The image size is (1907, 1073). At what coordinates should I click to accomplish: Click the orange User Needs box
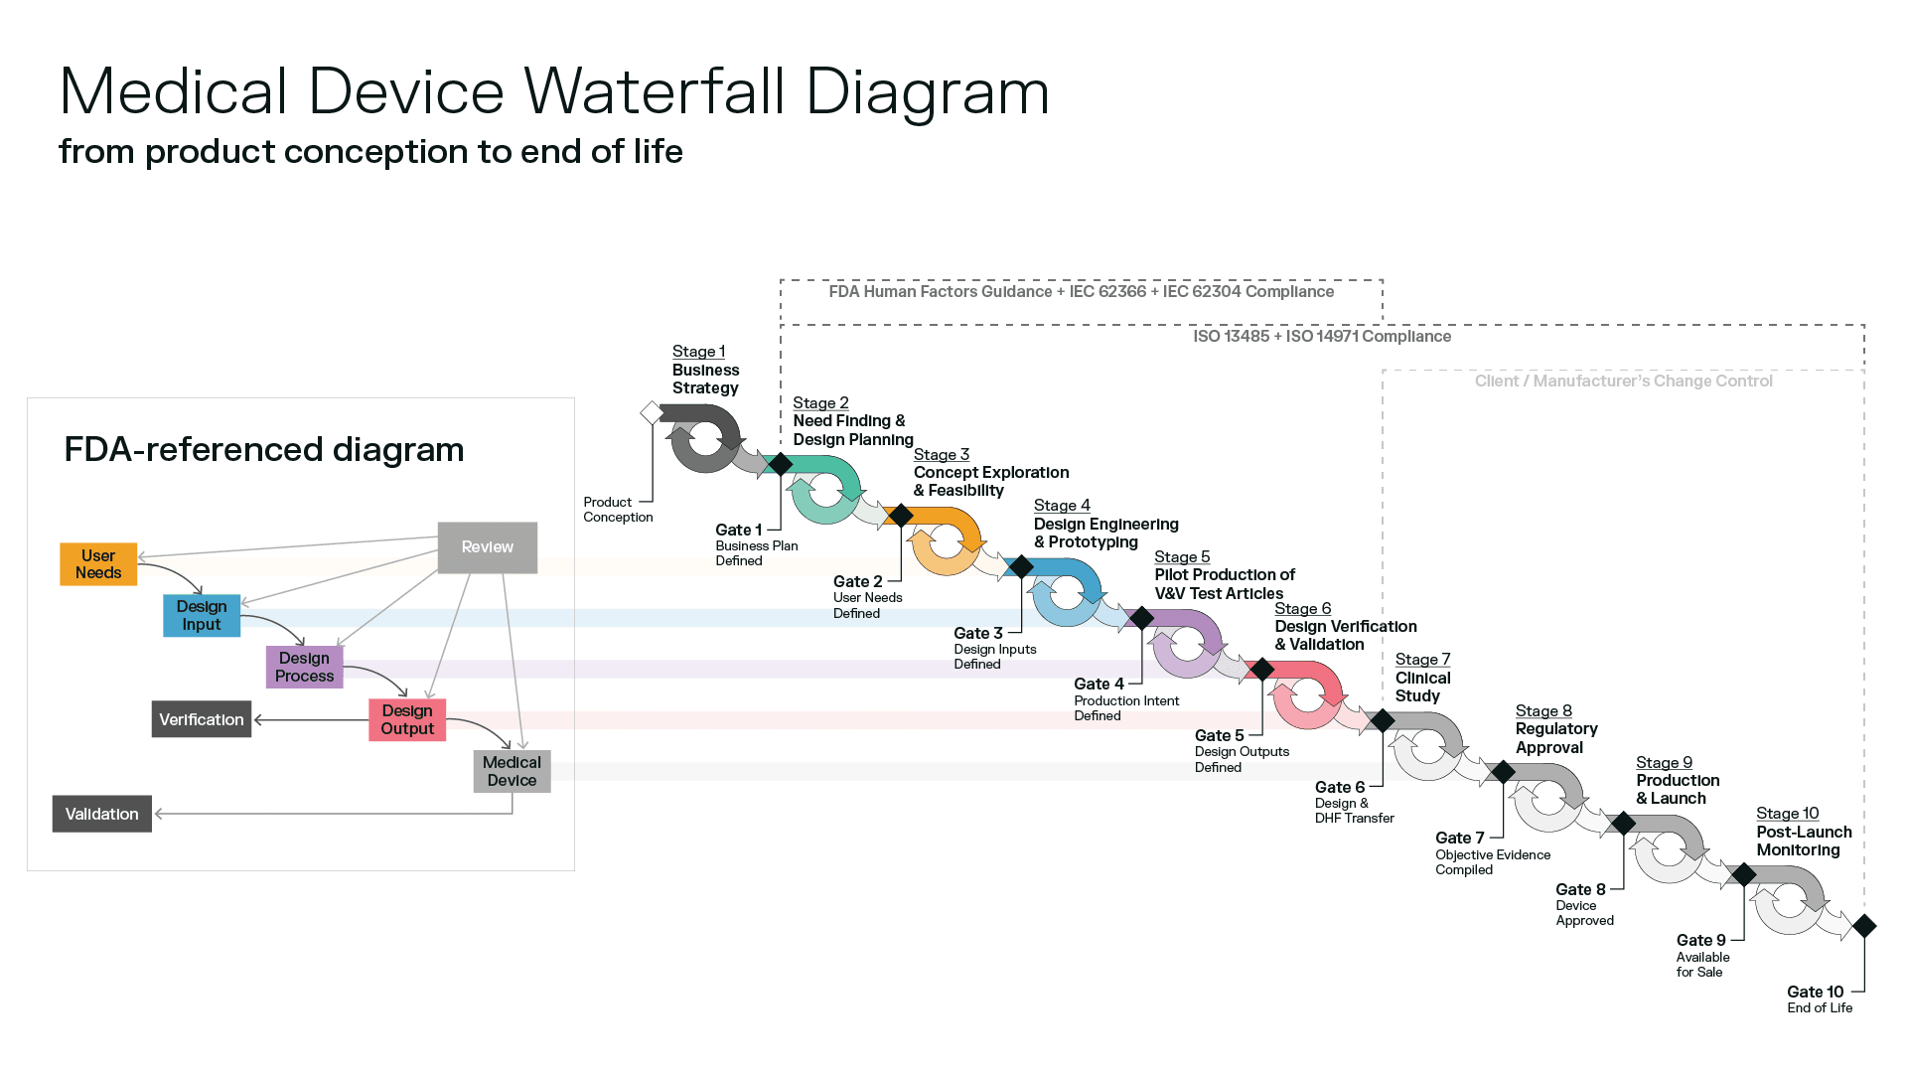[x=98, y=563]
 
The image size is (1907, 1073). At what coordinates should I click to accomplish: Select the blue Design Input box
[x=202, y=615]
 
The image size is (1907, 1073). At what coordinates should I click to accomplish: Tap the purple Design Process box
[x=304, y=667]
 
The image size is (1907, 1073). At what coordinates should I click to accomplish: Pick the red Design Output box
[x=407, y=719]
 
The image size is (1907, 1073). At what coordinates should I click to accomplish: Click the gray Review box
[x=487, y=546]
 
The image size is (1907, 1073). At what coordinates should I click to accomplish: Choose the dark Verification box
[x=201, y=719]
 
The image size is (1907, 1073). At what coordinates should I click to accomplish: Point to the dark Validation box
[x=101, y=814]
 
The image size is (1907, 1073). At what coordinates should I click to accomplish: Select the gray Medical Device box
[x=512, y=771]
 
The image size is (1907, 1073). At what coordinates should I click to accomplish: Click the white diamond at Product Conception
[x=652, y=412]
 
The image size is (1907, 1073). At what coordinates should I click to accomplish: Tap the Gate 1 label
[x=738, y=530]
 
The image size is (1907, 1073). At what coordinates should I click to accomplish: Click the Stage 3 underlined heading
[x=941, y=454]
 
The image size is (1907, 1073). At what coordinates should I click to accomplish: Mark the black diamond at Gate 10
[x=1864, y=926]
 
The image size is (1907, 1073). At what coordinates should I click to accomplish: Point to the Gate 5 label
[x=1219, y=735]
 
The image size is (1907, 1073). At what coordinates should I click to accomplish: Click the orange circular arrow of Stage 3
[x=946, y=542]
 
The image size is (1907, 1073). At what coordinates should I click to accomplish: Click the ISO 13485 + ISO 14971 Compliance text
[x=1321, y=336]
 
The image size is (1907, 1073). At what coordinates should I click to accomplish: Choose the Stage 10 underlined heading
[x=1787, y=813]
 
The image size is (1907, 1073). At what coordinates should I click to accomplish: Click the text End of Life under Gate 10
[x=1820, y=1007]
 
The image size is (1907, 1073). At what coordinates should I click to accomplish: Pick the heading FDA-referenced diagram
[x=263, y=449]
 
